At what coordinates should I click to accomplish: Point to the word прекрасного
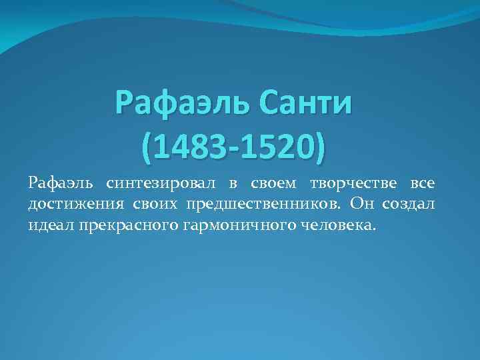click(123, 225)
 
